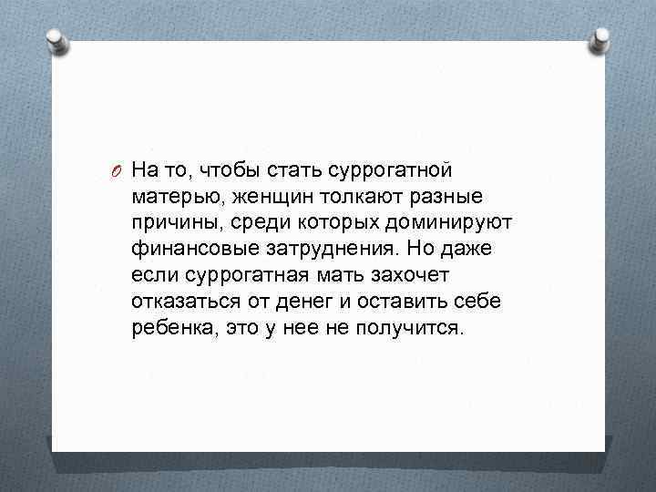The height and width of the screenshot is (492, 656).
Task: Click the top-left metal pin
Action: point(55,42)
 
